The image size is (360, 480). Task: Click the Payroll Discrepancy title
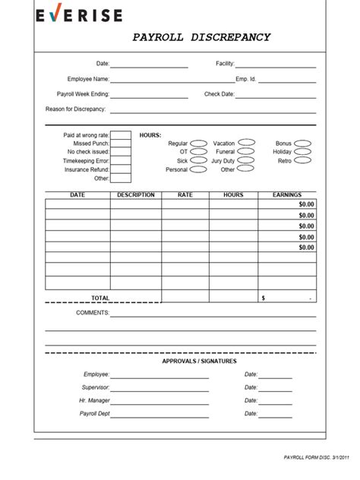[201, 37]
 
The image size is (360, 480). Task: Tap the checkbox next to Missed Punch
[122, 143]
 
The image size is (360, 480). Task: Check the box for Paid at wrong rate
[122, 134]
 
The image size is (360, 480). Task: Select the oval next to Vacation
[246, 142]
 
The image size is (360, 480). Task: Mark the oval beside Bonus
[302, 143]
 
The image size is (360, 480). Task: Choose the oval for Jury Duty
[246, 160]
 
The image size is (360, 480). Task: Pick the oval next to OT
[198, 151]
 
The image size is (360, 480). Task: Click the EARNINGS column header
[286, 195]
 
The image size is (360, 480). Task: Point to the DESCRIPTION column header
[136, 195]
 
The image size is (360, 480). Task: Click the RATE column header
[185, 195]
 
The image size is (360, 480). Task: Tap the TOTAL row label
[100, 298]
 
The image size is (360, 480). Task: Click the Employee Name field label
[88, 79]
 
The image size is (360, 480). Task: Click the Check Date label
[219, 94]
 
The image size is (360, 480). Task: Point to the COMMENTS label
[93, 312]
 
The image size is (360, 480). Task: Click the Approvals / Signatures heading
[199, 361]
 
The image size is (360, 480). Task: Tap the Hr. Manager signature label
[94, 400]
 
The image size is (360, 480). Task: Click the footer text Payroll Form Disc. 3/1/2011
[317, 458]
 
